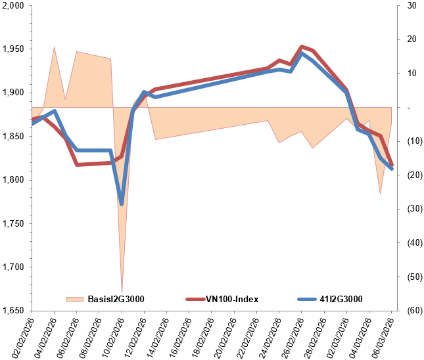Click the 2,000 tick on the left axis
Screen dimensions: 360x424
13,6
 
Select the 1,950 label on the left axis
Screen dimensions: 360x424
13,49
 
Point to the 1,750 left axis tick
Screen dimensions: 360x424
13,223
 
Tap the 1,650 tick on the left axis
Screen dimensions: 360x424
13,311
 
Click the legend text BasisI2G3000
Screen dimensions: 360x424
116,299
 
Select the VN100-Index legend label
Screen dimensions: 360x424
232,299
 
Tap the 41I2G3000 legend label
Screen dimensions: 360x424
342,299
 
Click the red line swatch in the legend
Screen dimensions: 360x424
195,299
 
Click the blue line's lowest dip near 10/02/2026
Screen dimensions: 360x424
122,204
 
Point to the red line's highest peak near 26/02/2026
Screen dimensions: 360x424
301,47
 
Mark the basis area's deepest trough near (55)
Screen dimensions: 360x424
122,290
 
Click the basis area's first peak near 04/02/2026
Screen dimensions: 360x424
54,47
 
